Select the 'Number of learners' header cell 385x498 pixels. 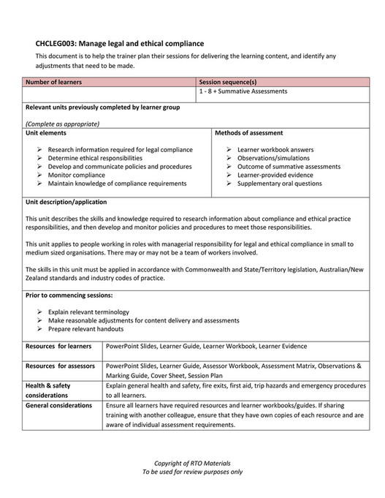click(54, 82)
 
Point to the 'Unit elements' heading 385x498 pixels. click(46, 133)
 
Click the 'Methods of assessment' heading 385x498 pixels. click(249, 133)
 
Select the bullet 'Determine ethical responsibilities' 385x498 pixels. click(95, 158)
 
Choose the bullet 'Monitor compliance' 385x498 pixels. click(76, 176)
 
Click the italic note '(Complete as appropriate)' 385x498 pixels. click(62, 124)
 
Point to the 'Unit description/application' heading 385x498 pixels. click(66, 202)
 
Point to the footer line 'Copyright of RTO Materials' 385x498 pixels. click(192, 463)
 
